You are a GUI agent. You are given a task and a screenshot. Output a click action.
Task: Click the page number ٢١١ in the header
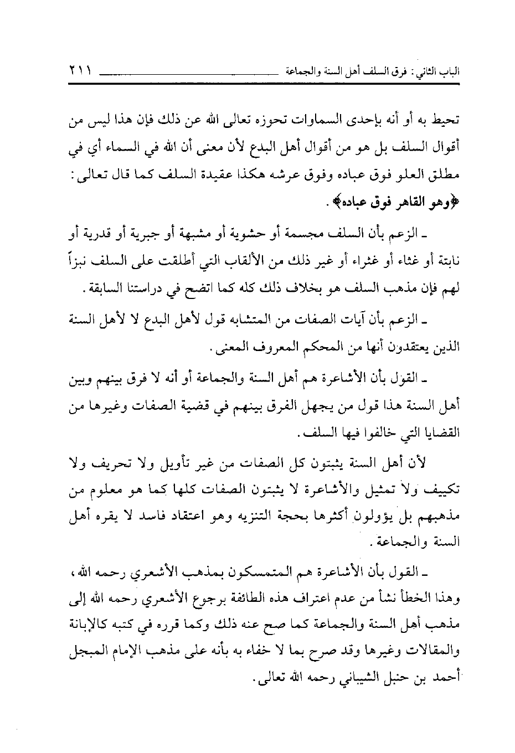(81, 71)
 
